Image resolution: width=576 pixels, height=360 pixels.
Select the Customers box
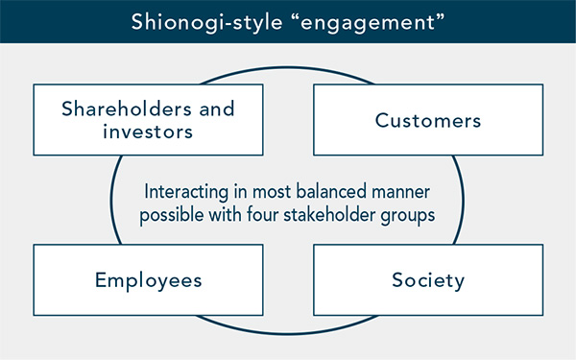coord(428,121)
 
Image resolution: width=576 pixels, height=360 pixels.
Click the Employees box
coord(148,279)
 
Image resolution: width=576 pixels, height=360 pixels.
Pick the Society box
coord(428,279)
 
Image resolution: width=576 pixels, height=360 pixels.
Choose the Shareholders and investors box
coord(148,121)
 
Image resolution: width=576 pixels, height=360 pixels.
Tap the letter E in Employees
coord(101,279)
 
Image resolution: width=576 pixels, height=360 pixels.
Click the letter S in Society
coord(397,279)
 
